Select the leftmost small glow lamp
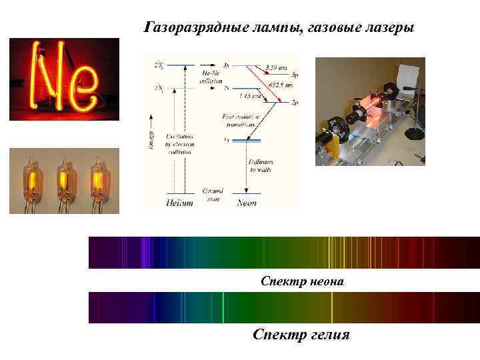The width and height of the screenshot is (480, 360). point(32,179)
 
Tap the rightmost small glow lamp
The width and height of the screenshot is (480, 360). point(97,179)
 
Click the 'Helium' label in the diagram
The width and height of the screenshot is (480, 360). point(180,203)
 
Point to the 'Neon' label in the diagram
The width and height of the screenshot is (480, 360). point(247,203)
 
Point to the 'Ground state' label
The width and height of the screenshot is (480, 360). point(213,194)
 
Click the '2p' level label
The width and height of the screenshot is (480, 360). point(295,103)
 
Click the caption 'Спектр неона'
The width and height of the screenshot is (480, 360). point(302,281)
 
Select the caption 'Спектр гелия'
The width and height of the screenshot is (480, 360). point(301,334)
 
